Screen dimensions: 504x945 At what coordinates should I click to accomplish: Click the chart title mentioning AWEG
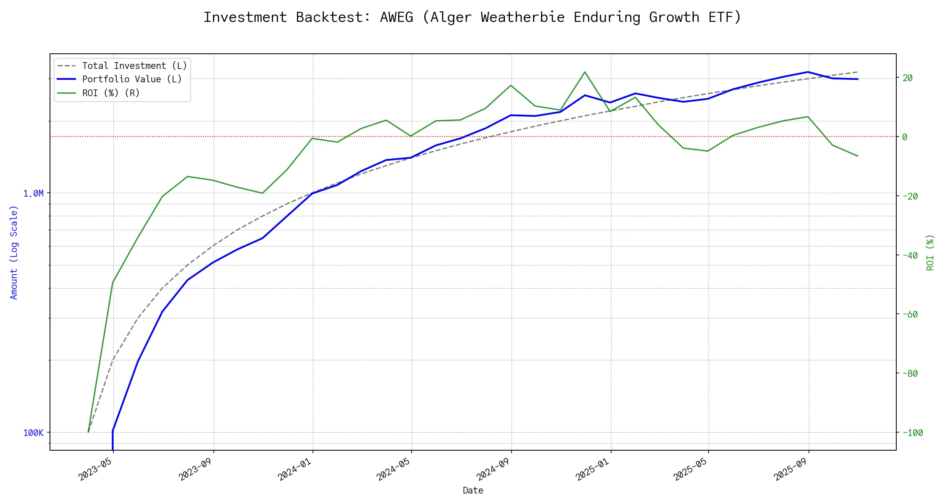point(472,17)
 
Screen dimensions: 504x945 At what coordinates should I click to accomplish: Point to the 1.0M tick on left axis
point(33,193)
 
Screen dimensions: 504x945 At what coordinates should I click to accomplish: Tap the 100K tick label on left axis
point(33,433)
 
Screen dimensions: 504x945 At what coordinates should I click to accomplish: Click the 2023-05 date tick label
point(96,469)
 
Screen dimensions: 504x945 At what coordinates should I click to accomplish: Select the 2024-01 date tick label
point(295,469)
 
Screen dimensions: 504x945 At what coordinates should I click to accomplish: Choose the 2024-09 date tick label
point(493,469)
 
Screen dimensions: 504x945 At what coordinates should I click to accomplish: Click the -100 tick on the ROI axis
point(913,433)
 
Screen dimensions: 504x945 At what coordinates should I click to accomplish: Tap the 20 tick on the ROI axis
point(908,78)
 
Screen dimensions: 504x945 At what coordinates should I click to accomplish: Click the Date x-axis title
point(473,490)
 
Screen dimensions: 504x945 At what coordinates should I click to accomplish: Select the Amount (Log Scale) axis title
point(14,252)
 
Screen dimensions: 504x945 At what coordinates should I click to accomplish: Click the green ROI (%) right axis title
point(930,252)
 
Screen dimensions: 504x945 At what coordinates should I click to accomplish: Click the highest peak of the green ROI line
point(585,72)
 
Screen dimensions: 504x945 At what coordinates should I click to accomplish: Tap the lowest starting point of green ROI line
point(88,432)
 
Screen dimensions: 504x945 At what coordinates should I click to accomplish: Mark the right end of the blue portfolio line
point(858,79)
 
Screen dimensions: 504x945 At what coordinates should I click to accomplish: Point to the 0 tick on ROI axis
point(905,137)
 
